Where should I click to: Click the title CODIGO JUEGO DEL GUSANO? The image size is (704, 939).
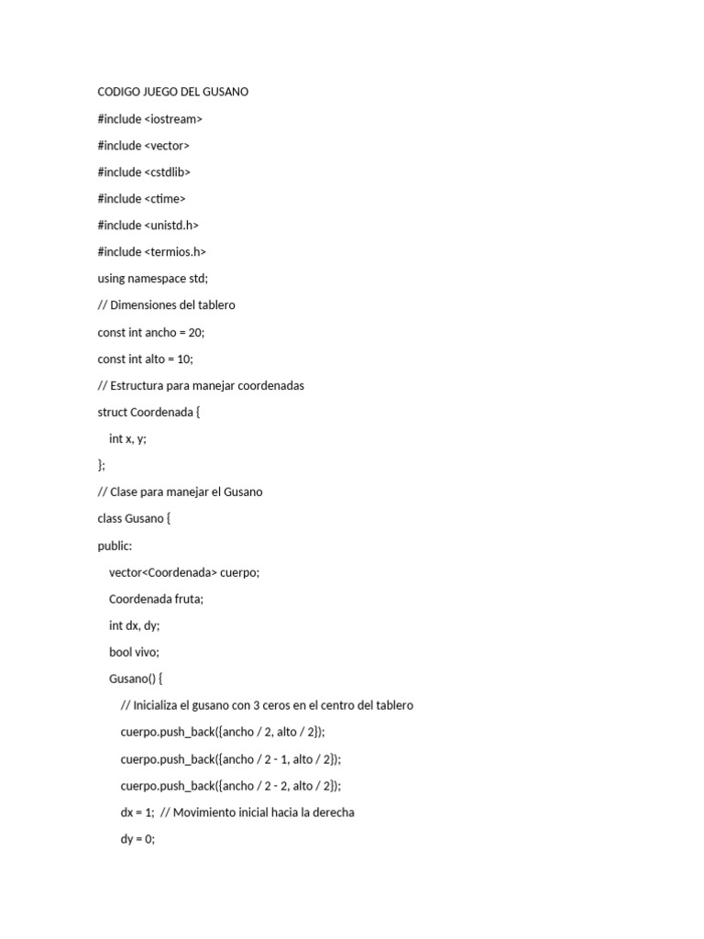(172, 92)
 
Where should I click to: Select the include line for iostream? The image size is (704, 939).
(149, 118)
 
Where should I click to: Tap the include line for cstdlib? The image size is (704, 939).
(144, 171)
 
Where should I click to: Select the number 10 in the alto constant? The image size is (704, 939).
(184, 359)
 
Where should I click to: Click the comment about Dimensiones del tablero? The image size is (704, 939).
(166, 304)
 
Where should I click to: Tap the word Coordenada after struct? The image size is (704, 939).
(161, 412)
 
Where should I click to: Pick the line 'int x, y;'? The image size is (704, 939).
(127, 438)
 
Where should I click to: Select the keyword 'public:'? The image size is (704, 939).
(115, 546)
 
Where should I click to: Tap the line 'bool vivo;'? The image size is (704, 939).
(134, 652)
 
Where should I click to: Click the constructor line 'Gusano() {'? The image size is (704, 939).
(135, 679)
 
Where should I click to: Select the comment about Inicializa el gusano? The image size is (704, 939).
(267, 705)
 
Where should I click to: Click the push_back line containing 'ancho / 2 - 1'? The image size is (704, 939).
(230, 758)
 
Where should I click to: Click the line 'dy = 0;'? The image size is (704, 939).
(137, 839)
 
